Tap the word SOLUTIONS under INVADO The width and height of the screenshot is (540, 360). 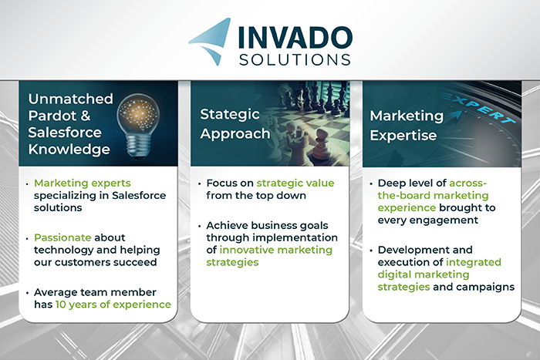tap(295, 59)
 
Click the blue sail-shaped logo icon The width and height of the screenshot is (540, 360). tap(210, 42)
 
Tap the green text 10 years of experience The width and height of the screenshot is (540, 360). tap(113, 304)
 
